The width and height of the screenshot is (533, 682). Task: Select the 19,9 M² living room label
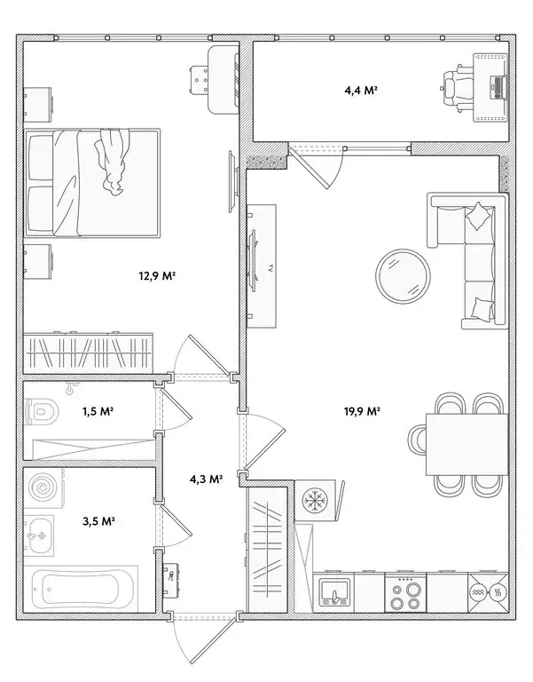(362, 411)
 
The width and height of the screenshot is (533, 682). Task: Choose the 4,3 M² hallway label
(206, 479)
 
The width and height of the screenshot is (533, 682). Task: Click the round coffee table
(404, 276)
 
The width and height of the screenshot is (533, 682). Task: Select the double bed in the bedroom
(92, 182)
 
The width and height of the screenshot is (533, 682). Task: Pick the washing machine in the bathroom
(42, 488)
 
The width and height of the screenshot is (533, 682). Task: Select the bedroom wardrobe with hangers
(89, 352)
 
